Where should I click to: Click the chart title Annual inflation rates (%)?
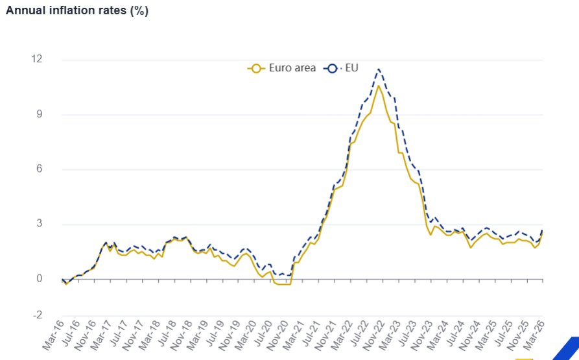click(77, 11)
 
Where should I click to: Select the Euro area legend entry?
click(282, 67)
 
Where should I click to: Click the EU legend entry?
click(344, 67)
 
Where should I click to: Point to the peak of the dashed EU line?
click(379, 69)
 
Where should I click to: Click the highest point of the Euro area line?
click(379, 86)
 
